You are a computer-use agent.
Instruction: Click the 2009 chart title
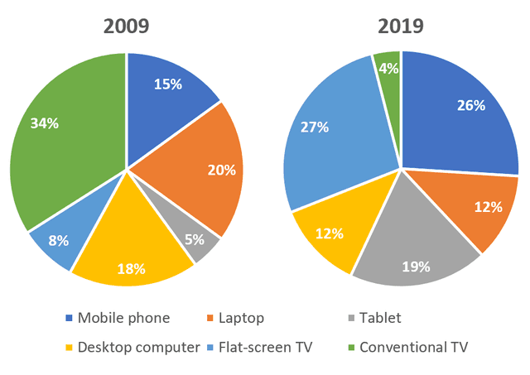126,26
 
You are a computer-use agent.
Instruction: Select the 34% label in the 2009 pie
45,123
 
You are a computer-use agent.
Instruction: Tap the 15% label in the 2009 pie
168,84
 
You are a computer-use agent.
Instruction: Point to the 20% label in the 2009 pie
222,170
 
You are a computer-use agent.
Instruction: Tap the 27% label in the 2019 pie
315,127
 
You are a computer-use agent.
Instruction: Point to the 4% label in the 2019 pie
388,69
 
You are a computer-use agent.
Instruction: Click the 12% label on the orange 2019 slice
489,207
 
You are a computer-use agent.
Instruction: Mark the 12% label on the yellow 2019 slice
329,234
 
